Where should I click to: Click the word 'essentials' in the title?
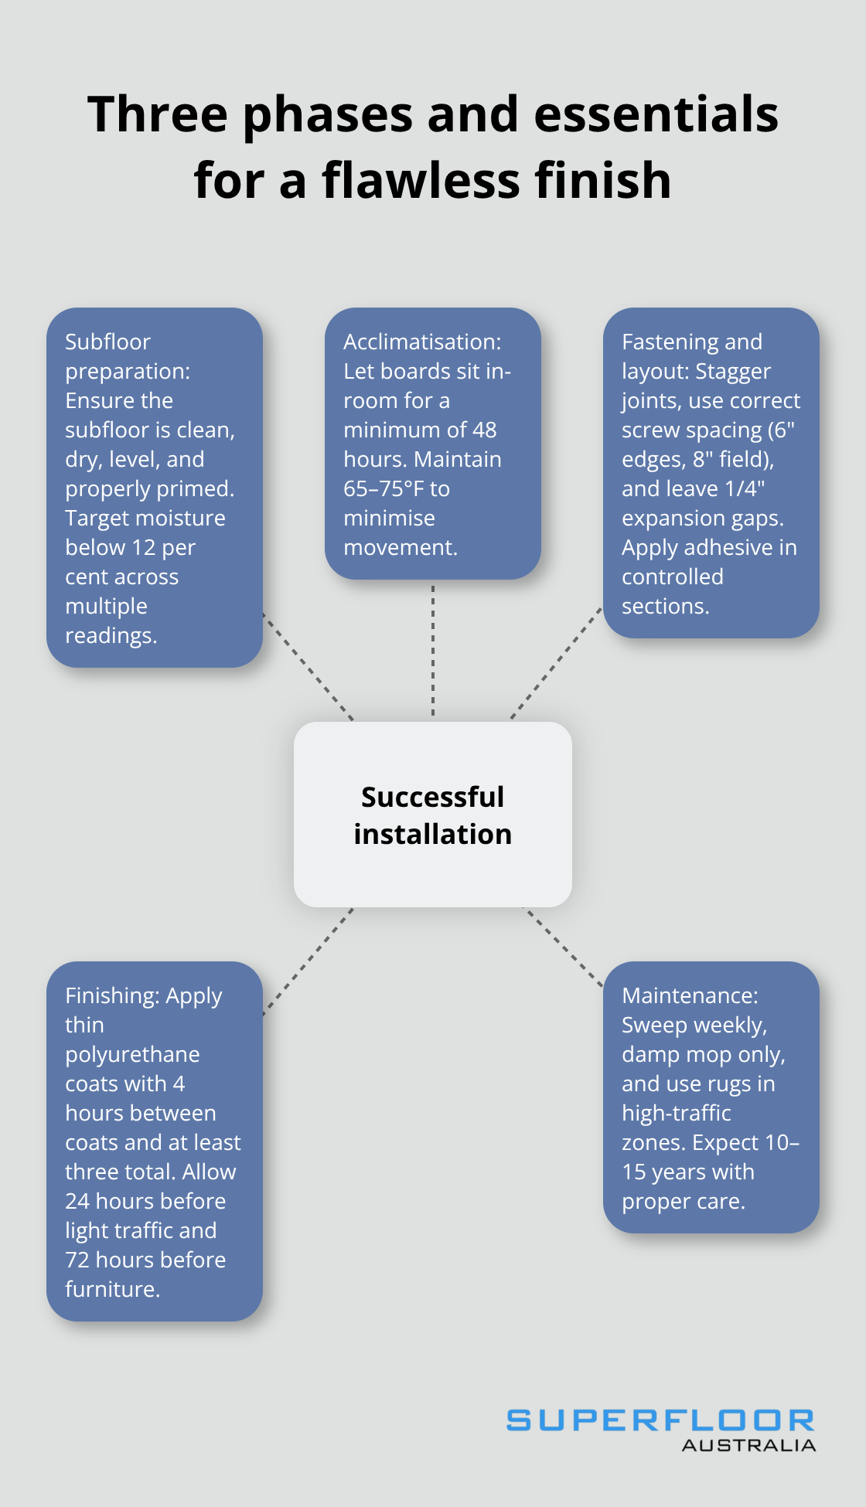tap(656, 114)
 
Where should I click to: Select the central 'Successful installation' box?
tap(433, 815)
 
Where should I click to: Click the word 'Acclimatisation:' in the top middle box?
tap(422, 342)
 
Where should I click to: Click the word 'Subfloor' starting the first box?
tap(107, 342)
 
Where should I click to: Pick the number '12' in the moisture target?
tap(144, 547)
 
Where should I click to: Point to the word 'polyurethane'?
tap(132, 1054)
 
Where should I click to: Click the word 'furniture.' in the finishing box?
tap(112, 1289)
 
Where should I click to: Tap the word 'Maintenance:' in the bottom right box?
tap(690, 995)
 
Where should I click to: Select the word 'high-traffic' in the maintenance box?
tap(677, 1113)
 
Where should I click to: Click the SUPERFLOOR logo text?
tap(660, 1420)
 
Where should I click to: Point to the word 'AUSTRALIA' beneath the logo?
tap(748, 1445)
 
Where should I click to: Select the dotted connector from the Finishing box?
tap(309, 961)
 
